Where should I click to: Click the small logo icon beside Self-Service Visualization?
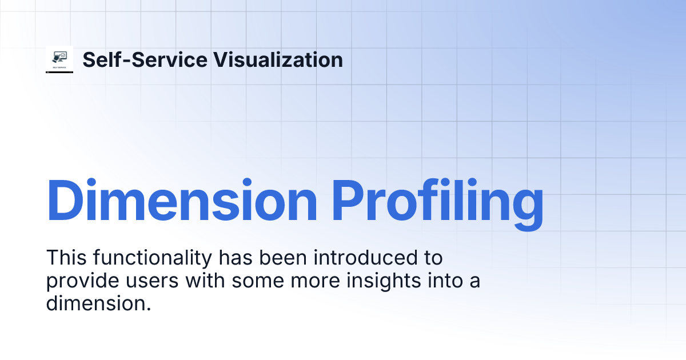pyautogui.click(x=59, y=59)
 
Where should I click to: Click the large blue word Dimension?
pyautogui.click(x=182, y=201)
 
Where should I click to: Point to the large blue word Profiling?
pyautogui.click(x=438, y=201)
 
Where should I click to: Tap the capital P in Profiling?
pyautogui.click(x=350, y=201)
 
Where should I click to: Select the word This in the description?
pyautogui.click(x=64, y=258)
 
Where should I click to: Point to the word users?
pyautogui.click(x=145, y=281)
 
